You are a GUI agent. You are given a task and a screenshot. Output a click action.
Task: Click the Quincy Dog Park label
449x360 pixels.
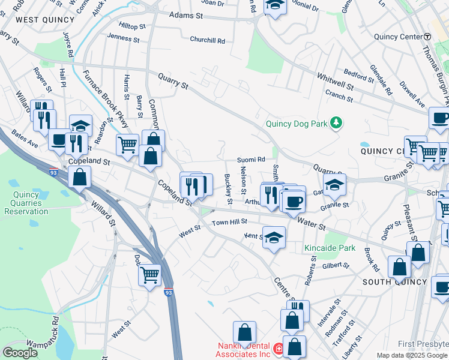[297, 124]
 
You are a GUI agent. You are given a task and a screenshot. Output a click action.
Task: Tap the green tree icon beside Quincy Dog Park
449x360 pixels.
[337, 123]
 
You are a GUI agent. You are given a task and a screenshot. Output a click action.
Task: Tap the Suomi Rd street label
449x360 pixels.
[251, 160]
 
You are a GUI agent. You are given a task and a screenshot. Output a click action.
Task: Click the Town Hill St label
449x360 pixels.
[230, 222]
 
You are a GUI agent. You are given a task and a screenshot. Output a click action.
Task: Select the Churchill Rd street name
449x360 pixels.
[207, 41]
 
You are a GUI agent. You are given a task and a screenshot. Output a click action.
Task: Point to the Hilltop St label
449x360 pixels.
[133, 26]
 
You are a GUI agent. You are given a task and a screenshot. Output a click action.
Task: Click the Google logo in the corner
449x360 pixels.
[20, 352]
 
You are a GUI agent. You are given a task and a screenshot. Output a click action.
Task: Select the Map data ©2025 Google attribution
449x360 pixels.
[412, 355]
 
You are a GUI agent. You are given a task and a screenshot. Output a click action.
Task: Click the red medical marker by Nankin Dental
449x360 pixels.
[278, 349]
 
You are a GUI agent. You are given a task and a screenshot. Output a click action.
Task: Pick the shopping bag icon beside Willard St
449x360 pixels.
[79, 178]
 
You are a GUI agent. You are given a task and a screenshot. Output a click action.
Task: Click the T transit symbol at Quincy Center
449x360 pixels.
[427, 37]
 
